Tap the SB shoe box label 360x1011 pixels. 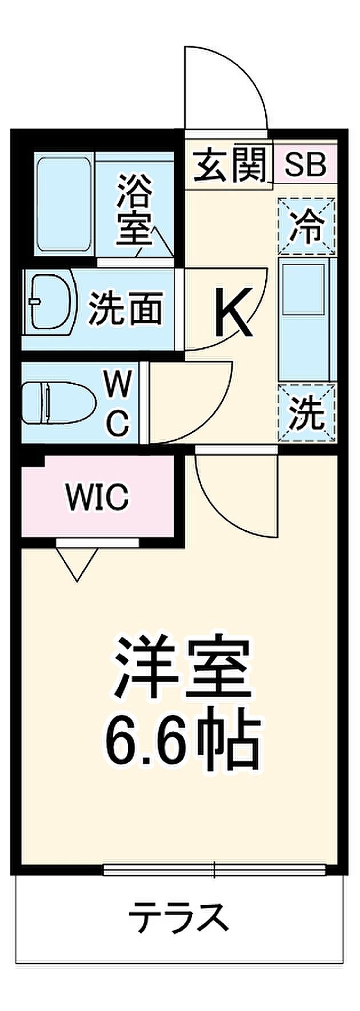(305, 165)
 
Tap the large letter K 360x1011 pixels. (233, 312)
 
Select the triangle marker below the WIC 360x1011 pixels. (77, 563)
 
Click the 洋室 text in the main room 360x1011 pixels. (182, 668)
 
